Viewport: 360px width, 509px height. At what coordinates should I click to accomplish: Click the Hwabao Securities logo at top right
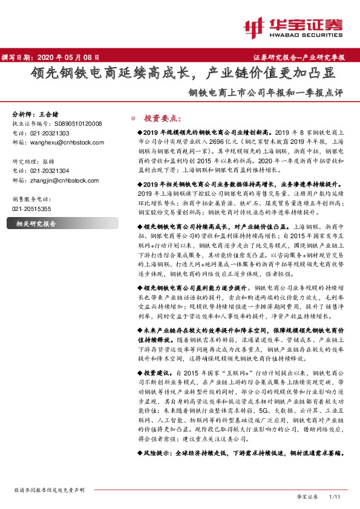pos(293,27)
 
